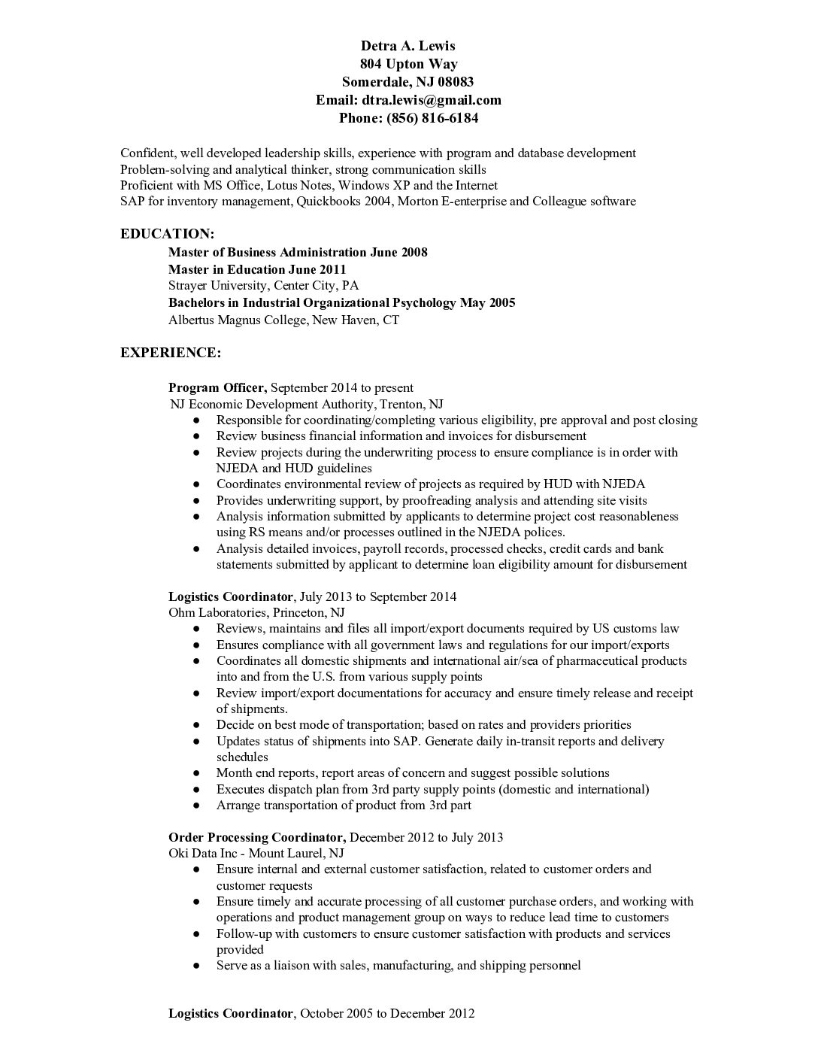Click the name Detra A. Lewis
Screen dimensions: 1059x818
coord(408,46)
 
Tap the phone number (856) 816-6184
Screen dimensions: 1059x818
coord(432,118)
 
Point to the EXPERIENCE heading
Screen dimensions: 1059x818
coord(170,352)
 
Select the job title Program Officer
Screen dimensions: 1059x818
coord(217,388)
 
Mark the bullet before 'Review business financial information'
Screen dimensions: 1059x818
coord(196,436)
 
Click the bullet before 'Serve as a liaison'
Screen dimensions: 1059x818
coord(196,966)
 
